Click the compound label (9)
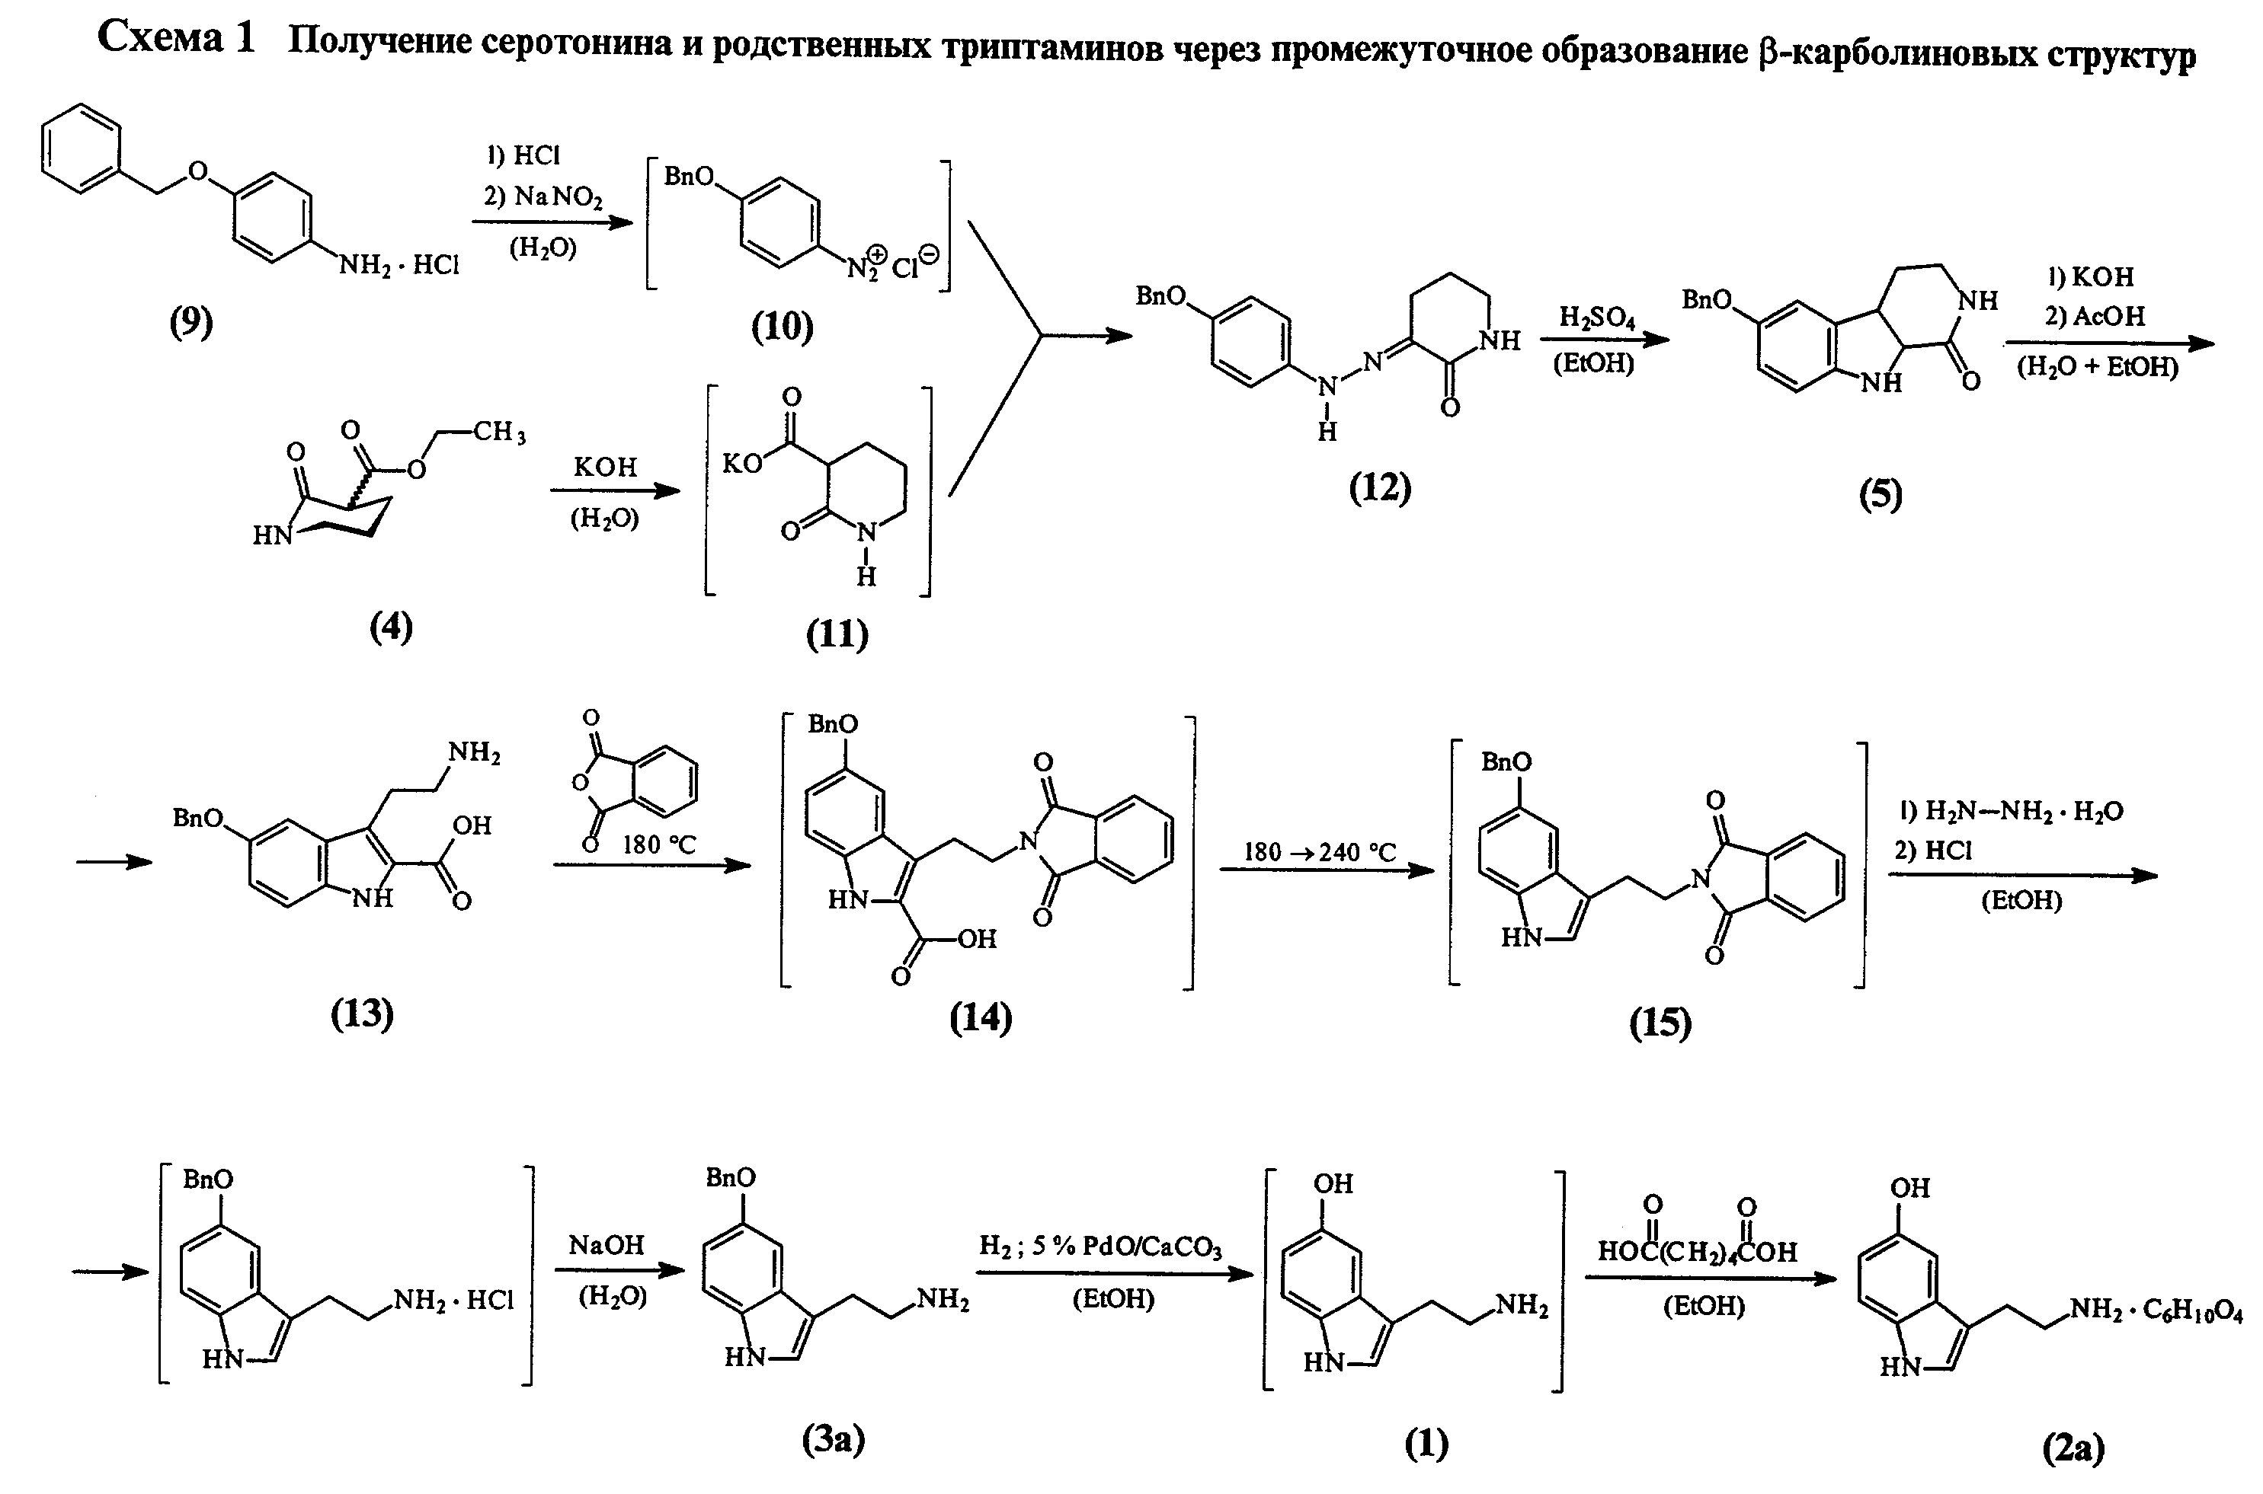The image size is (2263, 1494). (191, 323)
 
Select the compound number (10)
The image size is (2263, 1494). (782, 327)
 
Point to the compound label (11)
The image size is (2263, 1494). (837, 634)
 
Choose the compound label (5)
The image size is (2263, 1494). (1880, 493)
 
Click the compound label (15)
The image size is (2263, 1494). (1660, 1023)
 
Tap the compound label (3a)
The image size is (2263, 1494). (833, 1441)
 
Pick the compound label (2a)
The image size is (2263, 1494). (2073, 1448)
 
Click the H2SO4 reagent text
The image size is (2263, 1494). (1597, 318)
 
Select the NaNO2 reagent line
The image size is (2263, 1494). (543, 196)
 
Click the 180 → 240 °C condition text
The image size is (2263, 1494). (1320, 851)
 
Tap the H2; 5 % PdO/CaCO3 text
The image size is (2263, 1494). (1100, 1247)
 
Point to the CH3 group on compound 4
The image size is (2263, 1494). (500, 433)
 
